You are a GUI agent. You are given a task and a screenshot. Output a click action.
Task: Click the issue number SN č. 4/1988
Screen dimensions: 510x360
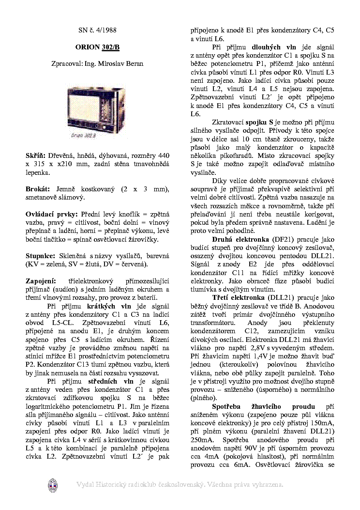click(97, 30)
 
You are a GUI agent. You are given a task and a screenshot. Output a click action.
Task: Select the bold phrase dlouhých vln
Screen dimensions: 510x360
click(270, 47)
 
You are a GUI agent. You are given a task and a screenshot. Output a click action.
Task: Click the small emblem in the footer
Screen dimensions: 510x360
click(52, 485)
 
